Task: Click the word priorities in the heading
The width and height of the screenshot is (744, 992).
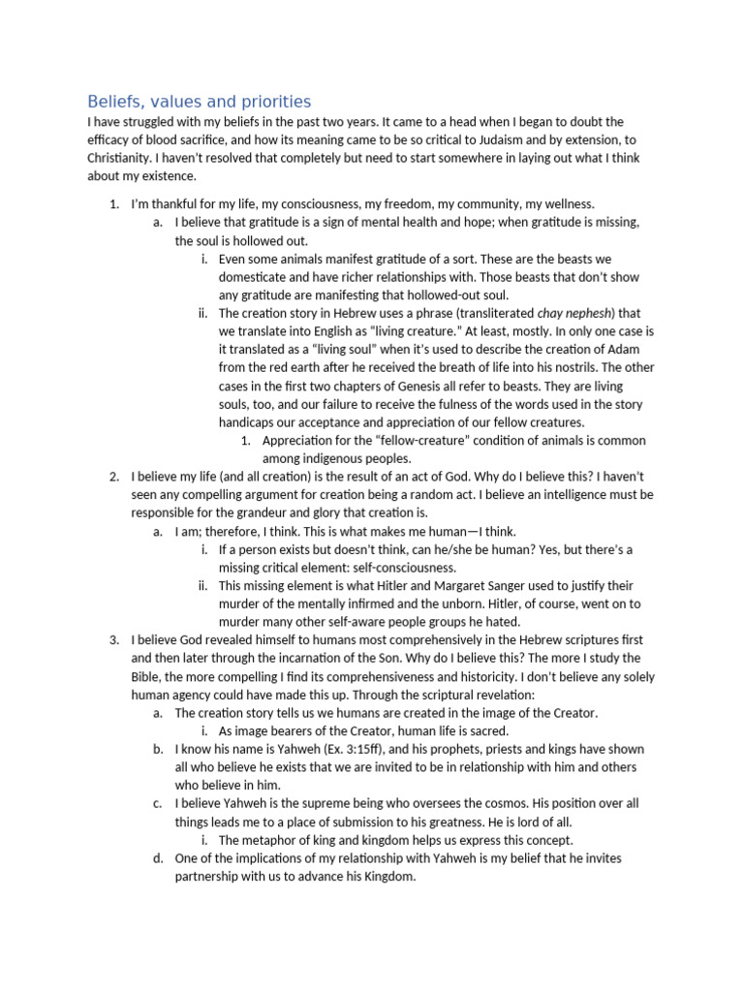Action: (x=275, y=102)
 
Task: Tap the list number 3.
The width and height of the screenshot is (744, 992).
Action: (x=113, y=640)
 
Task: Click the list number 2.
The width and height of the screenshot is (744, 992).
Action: (x=113, y=477)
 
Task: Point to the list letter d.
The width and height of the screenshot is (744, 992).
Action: (x=158, y=858)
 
